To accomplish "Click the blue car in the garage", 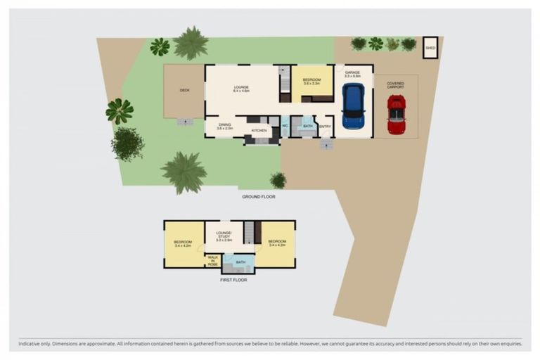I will (x=353, y=106).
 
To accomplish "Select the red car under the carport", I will (x=397, y=114).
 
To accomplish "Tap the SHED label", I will (x=430, y=48).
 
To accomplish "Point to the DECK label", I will (x=185, y=90).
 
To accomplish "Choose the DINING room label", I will (x=224, y=127).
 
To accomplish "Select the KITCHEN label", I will (x=259, y=131).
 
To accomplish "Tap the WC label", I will (x=285, y=126).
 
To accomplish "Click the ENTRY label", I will (x=325, y=127).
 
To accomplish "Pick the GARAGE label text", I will (x=353, y=72).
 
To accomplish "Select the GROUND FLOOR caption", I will (x=258, y=197).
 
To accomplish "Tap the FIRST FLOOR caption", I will (x=234, y=280).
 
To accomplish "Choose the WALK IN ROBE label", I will (x=212, y=261).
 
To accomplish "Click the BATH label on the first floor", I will (x=240, y=263).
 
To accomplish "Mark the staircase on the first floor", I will (x=249, y=232).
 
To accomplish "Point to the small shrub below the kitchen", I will (x=278, y=180).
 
